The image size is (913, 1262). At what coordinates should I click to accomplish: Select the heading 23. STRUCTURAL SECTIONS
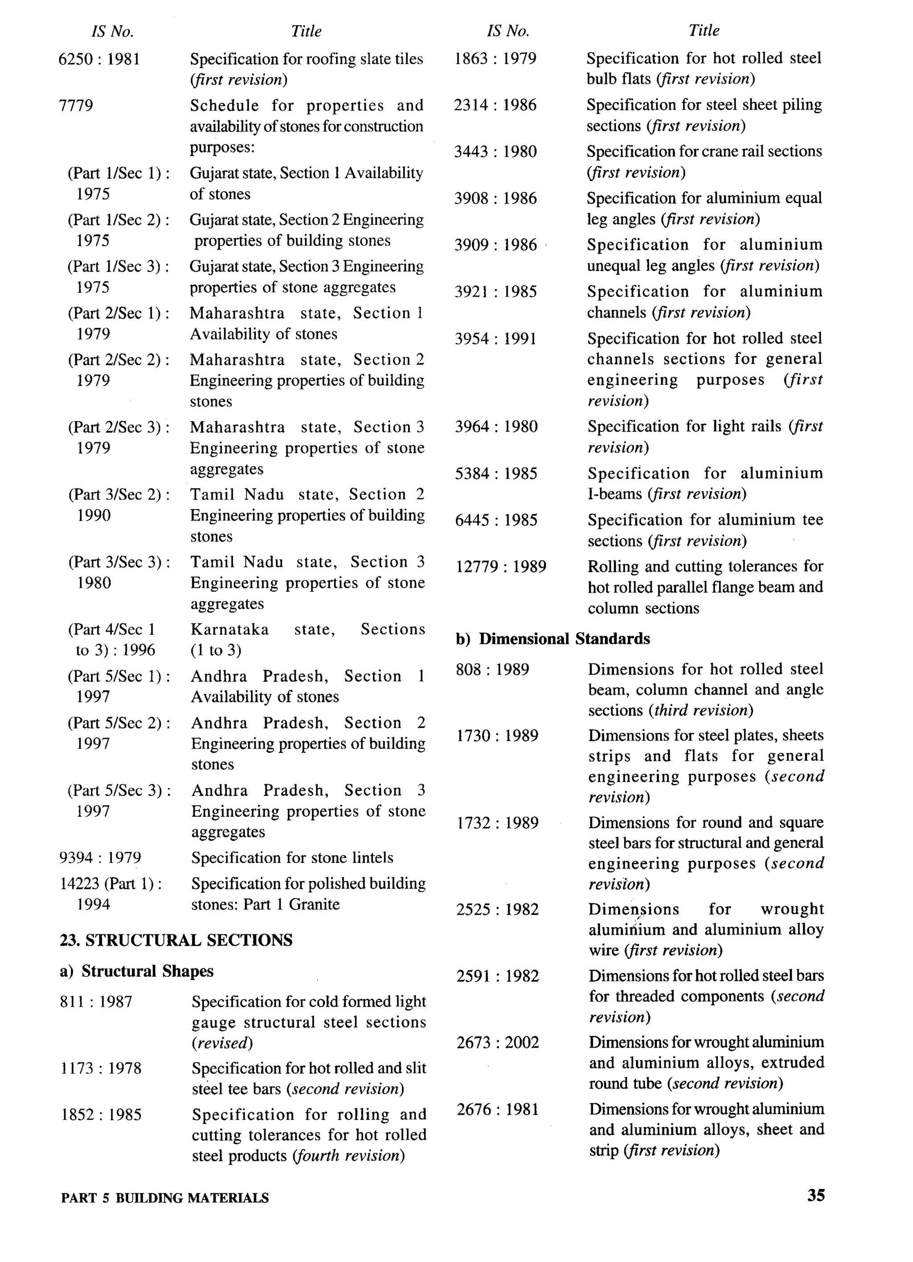pyautogui.click(x=176, y=940)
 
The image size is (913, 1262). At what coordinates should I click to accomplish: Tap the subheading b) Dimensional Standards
pyautogui.click(x=552, y=638)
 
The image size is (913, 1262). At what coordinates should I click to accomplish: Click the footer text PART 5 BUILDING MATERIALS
pyautogui.click(x=165, y=1198)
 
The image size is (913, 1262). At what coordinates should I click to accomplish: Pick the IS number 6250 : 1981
pyautogui.click(x=99, y=59)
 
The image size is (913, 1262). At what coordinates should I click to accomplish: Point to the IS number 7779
pyautogui.click(x=76, y=106)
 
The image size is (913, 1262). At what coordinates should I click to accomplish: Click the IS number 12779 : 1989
pyautogui.click(x=501, y=567)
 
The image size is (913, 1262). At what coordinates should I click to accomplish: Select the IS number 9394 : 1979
pyautogui.click(x=100, y=858)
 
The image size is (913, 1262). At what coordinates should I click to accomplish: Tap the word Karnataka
pyautogui.click(x=229, y=629)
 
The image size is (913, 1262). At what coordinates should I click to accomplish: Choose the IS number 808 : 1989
pyautogui.click(x=492, y=670)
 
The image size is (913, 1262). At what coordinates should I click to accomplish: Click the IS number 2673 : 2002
pyautogui.click(x=498, y=1042)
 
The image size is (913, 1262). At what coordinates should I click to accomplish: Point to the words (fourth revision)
pyautogui.click(x=348, y=1156)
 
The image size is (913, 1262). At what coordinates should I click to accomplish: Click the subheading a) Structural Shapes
pyautogui.click(x=136, y=971)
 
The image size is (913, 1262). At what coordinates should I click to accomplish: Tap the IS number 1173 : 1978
pyautogui.click(x=101, y=1068)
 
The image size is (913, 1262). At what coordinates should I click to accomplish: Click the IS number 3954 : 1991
pyautogui.click(x=496, y=339)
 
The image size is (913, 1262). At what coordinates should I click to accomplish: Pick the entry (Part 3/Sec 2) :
pyautogui.click(x=119, y=495)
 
